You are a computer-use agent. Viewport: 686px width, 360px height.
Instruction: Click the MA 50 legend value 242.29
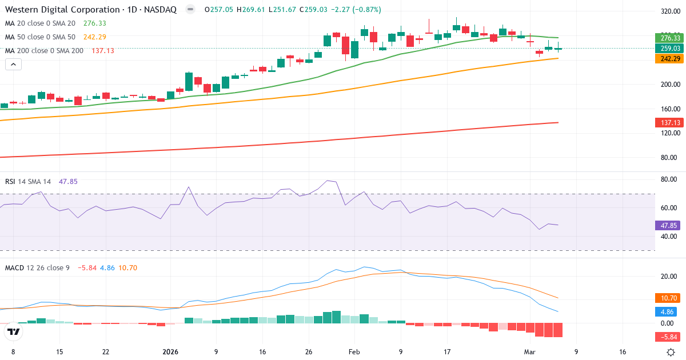[x=95, y=37]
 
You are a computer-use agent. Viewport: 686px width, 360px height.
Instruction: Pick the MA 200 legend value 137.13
[x=103, y=51]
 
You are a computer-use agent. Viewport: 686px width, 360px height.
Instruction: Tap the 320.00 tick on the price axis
[x=669, y=11]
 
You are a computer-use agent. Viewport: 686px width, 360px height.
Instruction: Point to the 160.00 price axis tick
[x=669, y=109]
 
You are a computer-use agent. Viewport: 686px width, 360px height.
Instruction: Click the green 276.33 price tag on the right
[x=668, y=38]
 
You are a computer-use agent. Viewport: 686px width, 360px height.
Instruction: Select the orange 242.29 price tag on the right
[x=668, y=58]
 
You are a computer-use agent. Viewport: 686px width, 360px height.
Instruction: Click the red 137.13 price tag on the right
[x=668, y=123]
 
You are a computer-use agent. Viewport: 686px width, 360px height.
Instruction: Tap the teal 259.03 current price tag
[x=668, y=49]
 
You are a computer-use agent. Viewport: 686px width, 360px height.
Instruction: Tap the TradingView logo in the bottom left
[x=14, y=331]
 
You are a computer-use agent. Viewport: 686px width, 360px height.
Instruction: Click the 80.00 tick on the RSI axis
[x=669, y=179]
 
